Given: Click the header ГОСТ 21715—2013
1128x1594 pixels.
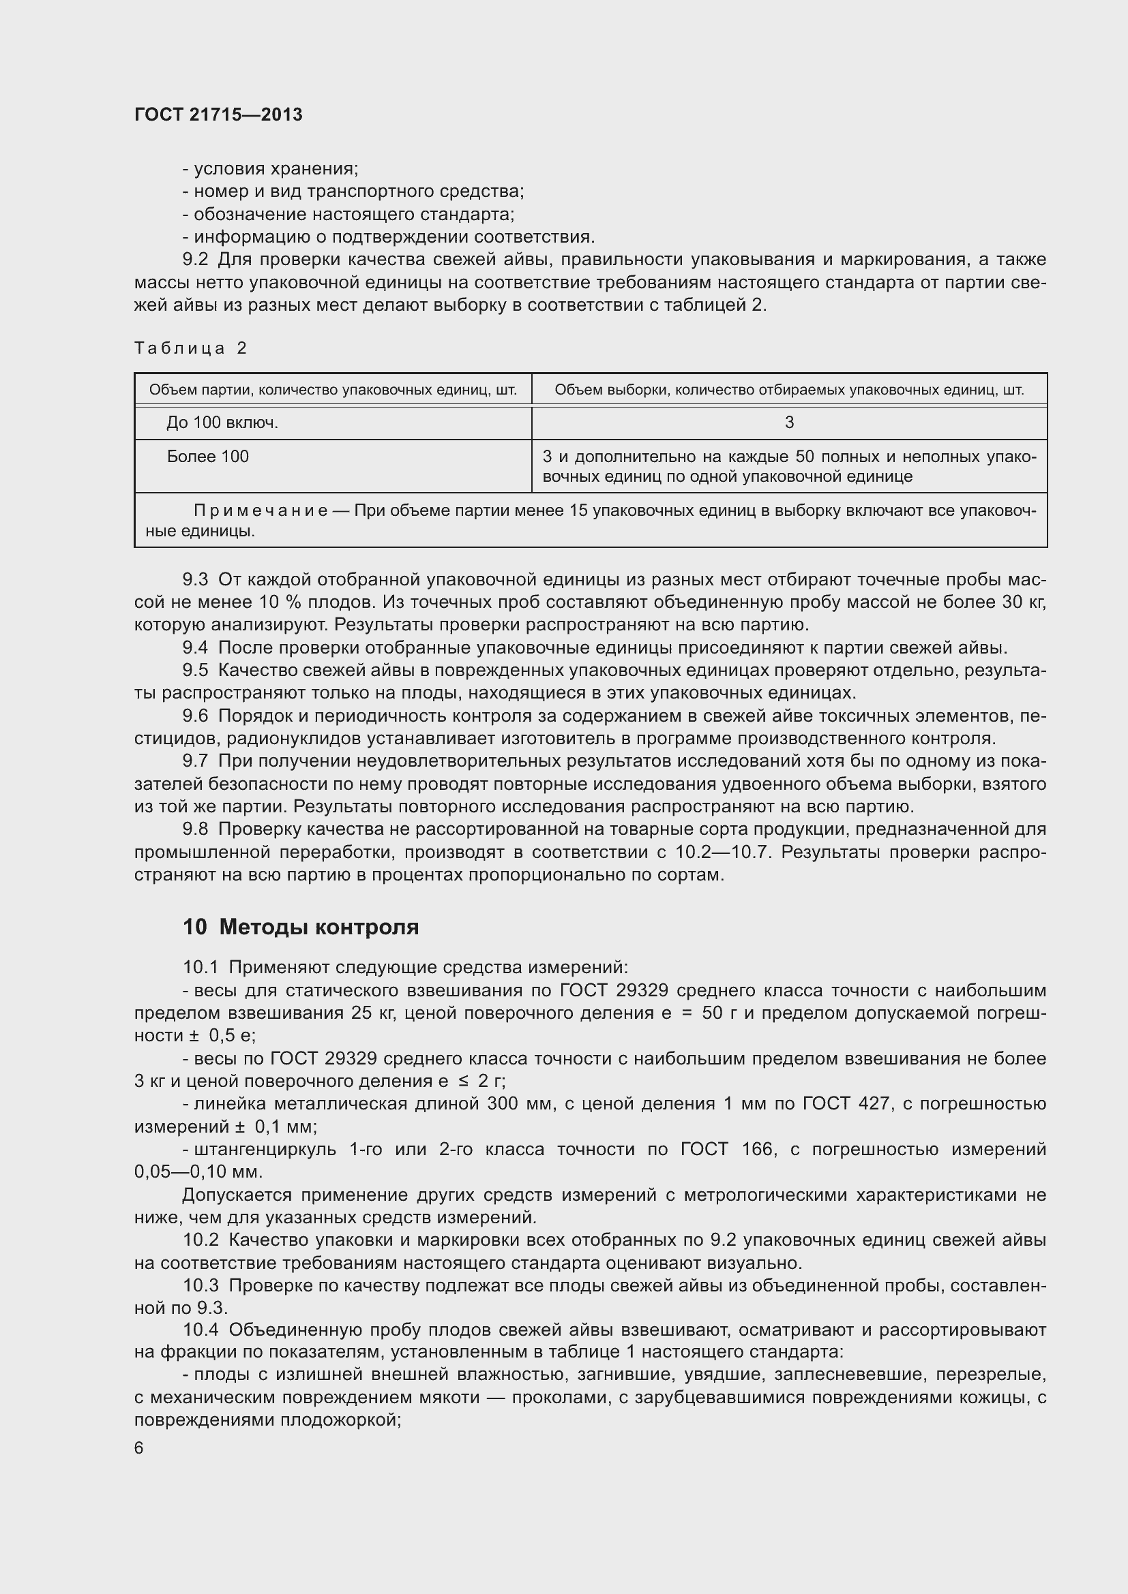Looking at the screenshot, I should point(218,114).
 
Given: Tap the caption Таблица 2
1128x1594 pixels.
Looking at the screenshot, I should point(191,348).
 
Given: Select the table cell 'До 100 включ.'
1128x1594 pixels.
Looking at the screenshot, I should point(222,422).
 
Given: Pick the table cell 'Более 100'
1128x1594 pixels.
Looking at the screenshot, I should point(208,456).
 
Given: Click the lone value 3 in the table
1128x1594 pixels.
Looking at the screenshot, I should point(789,422).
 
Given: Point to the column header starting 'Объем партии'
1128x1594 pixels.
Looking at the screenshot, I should point(333,390).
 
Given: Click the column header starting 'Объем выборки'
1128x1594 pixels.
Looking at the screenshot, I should point(789,390).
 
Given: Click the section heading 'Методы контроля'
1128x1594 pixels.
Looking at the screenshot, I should point(318,927).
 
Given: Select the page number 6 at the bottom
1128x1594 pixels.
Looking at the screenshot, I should point(139,1447).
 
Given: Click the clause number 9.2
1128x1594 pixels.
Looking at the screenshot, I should point(195,260).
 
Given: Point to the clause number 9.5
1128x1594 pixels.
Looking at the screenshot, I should point(195,670).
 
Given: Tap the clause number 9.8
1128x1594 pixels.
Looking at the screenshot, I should point(195,829).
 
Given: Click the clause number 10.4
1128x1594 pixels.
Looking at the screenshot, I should point(201,1330).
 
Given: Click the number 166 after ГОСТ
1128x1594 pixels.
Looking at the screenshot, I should point(757,1149).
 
